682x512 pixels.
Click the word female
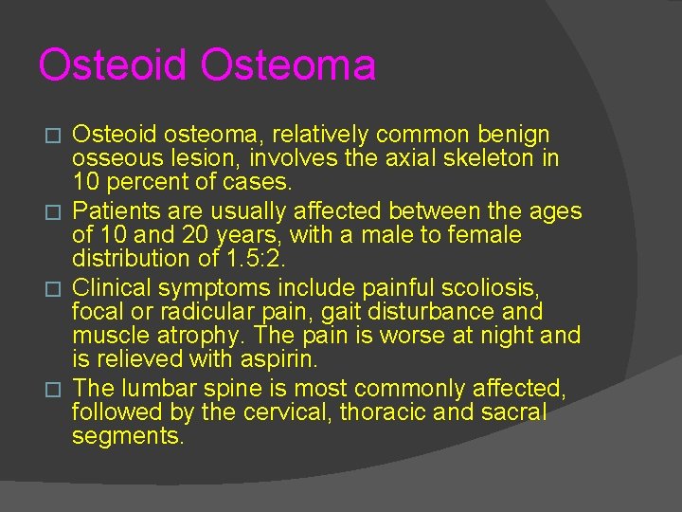pos(481,234)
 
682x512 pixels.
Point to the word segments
pos(128,435)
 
